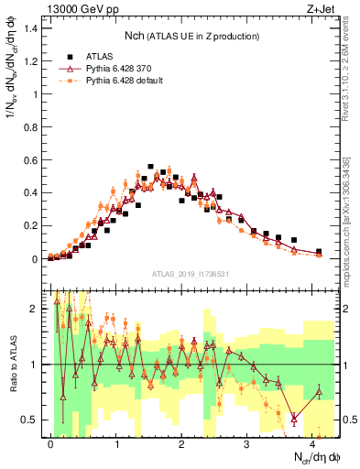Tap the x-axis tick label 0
pos(50,443)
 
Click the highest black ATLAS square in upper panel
pos(150,167)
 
